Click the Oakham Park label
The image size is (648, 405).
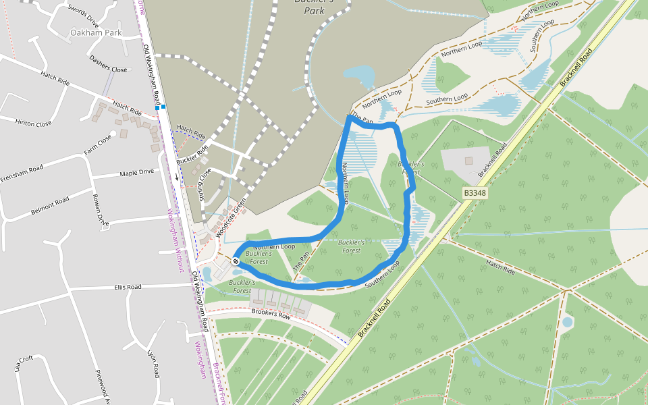pyautogui.click(x=95, y=32)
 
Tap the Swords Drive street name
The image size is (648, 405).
pyautogui.click(x=83, y=11)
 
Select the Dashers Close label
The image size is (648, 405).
pyautogui.click(x=108, y=64)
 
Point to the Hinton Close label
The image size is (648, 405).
pyautogui.click(x=33, y=124)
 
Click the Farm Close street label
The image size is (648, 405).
pyautogui.click(x=98, y=144)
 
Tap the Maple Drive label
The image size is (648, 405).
pyautogui.click(x=136, y=173)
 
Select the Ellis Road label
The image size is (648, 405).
pyautogui.click(x=128, y=287)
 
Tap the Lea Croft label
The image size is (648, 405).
pyautogui.click(x=24, y=363)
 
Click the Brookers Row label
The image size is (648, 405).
pyautogui.click(x=270, y=314)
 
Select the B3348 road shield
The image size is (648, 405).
pyautogui.click(x=475, y=193)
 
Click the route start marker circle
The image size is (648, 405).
pyautogui.click(x=236, y=261)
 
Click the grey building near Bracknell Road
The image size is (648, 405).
pyautogui.click(x=468, y=161)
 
